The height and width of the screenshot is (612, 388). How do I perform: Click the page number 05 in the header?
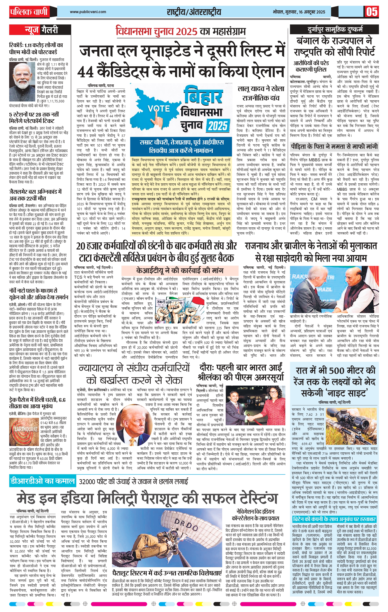(x=372, y=12)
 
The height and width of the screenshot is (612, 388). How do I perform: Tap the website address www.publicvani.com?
(x=88, y=12)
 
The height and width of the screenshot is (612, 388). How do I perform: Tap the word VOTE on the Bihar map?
(x=158, y=109)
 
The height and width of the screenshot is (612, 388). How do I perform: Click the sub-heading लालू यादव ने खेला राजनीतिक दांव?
(x=261, y=93)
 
